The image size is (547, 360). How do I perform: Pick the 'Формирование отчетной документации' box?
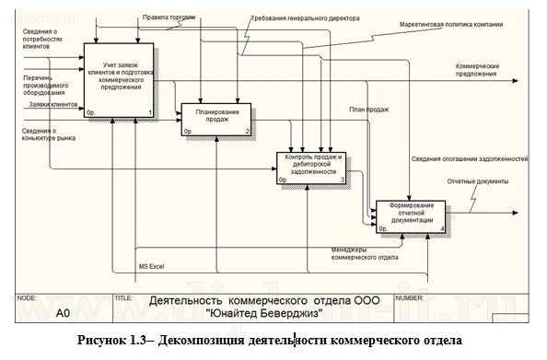point(411,214)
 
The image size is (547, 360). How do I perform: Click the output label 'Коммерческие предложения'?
point(478,71)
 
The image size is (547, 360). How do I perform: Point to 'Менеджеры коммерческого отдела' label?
point(365,253)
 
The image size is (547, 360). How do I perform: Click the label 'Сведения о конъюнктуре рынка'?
point(48,134)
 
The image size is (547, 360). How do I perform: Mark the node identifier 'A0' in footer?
point(63,313)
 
